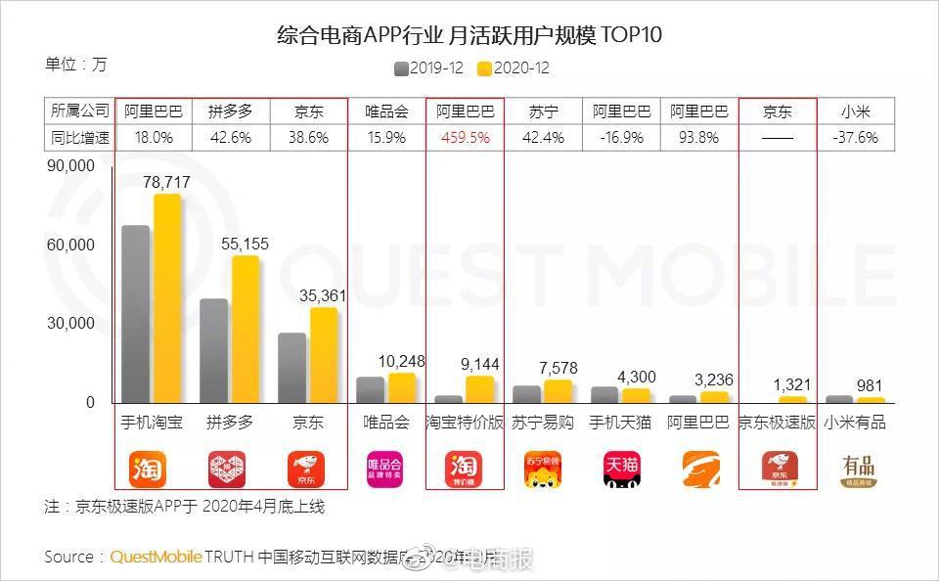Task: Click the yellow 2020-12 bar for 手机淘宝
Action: pos(167,298)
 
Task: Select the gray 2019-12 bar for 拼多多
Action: pos(213,351)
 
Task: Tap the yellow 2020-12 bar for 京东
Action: pos(324,355)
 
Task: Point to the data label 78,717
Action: pos(166,183)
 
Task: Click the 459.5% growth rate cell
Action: pos(465,138)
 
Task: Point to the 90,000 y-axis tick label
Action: pos(70,166)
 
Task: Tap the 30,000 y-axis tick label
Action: pos(70,324)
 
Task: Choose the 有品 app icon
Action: pos(858,469)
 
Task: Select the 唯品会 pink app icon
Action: pos(385,469)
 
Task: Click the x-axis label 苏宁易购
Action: pos(543,423)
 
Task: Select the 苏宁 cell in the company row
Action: pos(543,112)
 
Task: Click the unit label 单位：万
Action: pos(75,65)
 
